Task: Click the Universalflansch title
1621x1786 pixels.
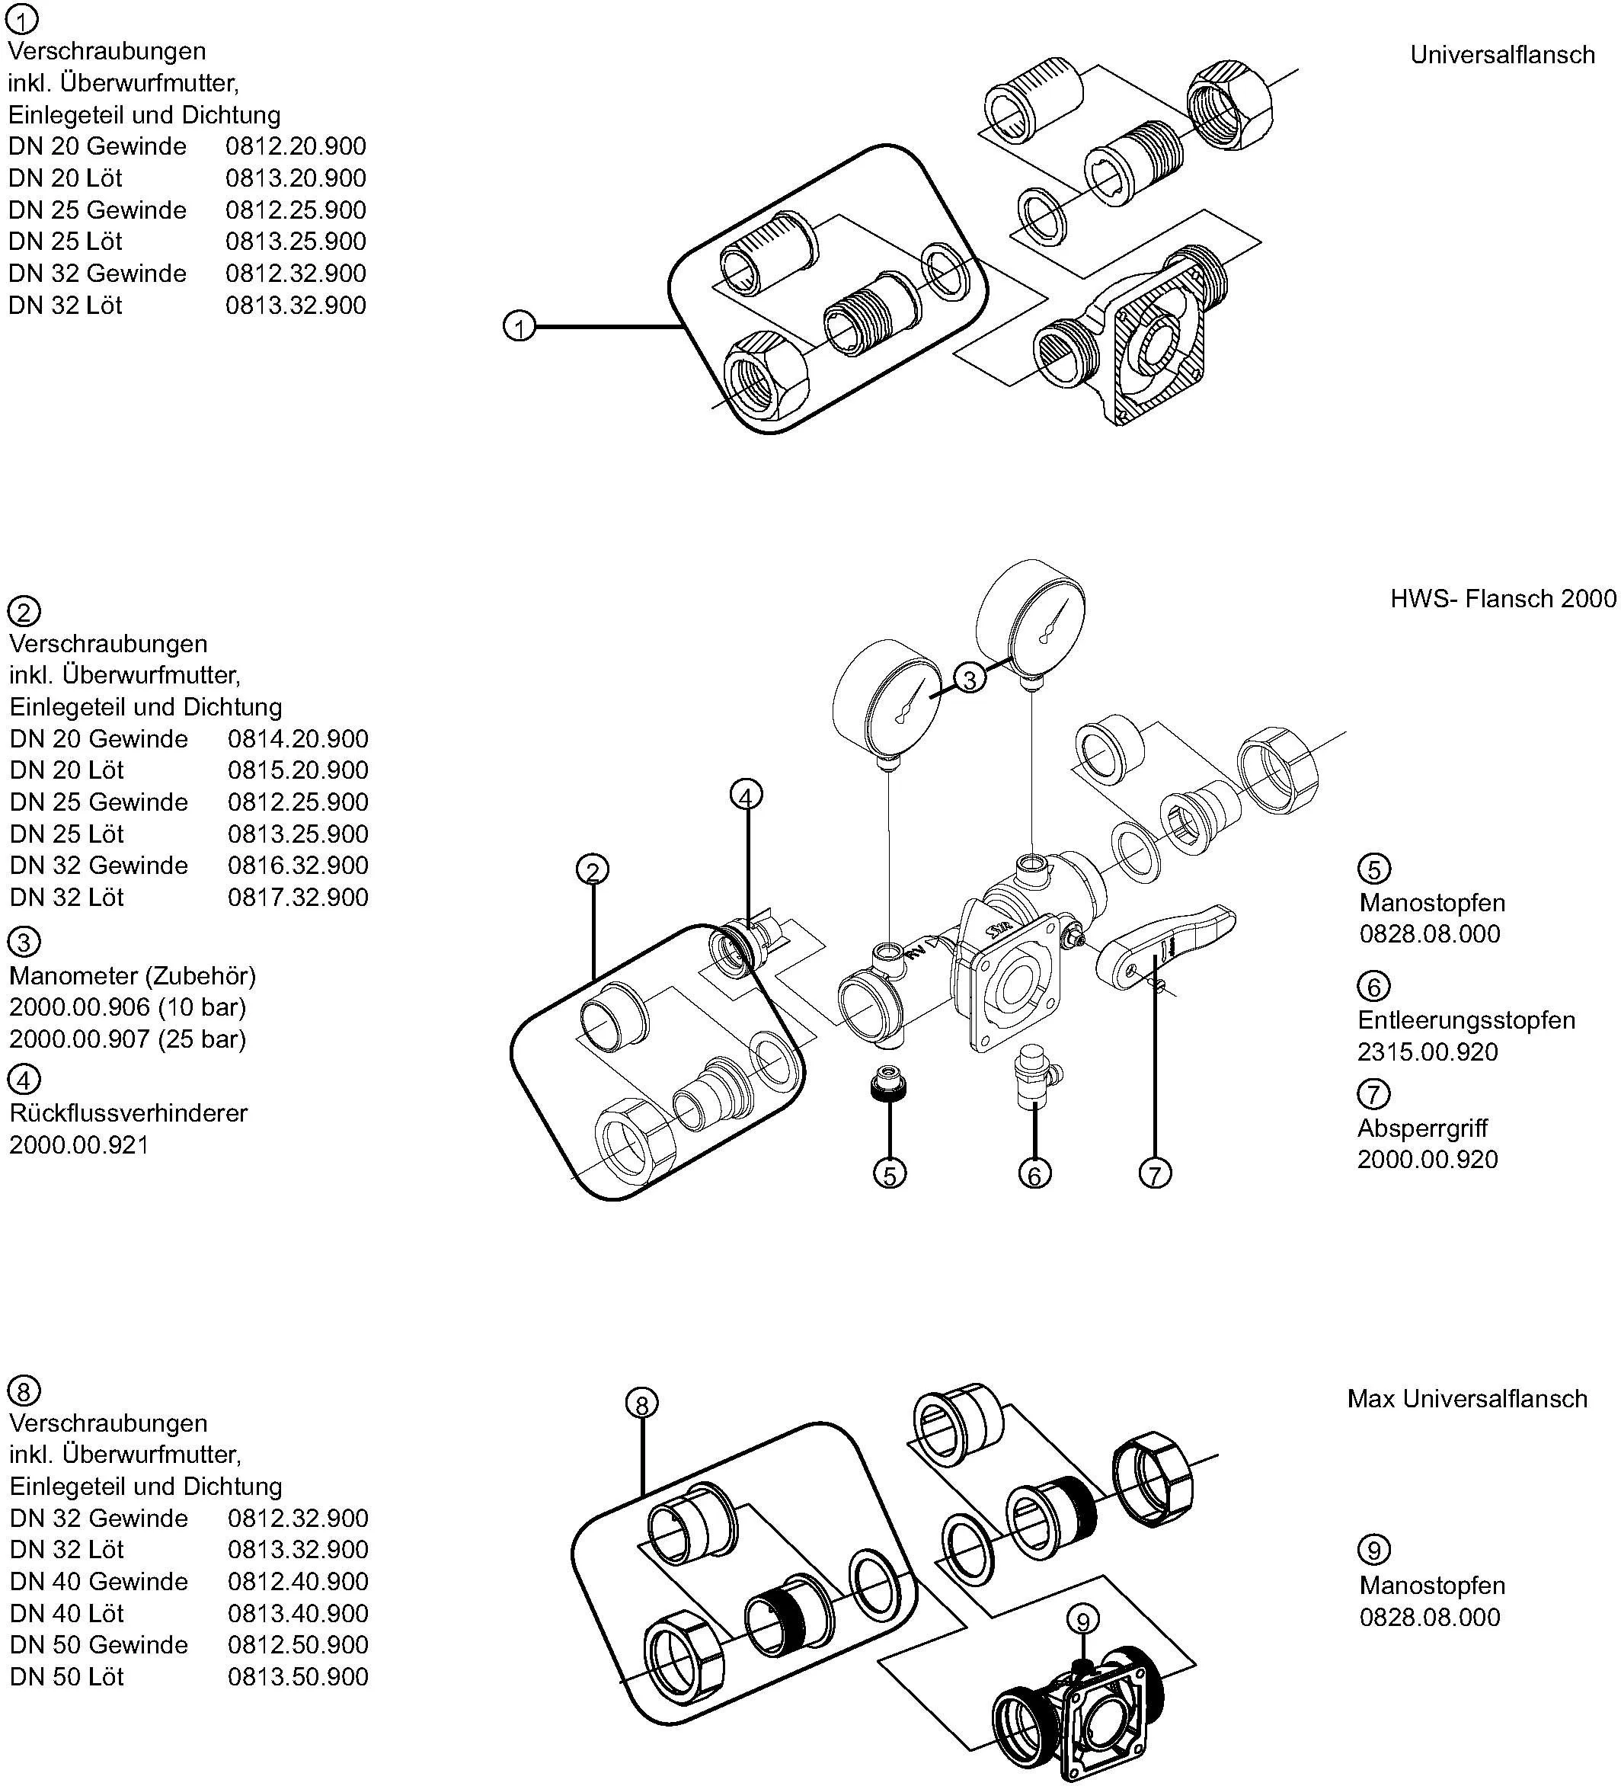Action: point(1502,55)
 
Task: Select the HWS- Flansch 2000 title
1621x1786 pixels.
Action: point(1502,599)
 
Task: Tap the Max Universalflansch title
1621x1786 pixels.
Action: point(1467,1399)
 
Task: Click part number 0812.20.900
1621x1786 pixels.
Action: point(295,146)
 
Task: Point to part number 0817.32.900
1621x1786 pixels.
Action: point(298,897)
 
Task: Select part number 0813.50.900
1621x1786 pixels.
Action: point(298,1676)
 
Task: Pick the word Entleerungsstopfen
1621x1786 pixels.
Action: point(1466,1019)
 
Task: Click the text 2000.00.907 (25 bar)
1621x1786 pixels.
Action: point(127,1039)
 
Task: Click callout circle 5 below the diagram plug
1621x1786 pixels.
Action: point(889,1174)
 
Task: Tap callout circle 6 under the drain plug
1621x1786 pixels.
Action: point(1034,1174)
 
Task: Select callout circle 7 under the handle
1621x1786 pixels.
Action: point(1154,1174)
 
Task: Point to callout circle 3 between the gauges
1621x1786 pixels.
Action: point(970,680)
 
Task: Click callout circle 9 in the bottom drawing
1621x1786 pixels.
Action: point(1082,1621)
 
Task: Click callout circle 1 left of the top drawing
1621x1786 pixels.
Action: point(519,327)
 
